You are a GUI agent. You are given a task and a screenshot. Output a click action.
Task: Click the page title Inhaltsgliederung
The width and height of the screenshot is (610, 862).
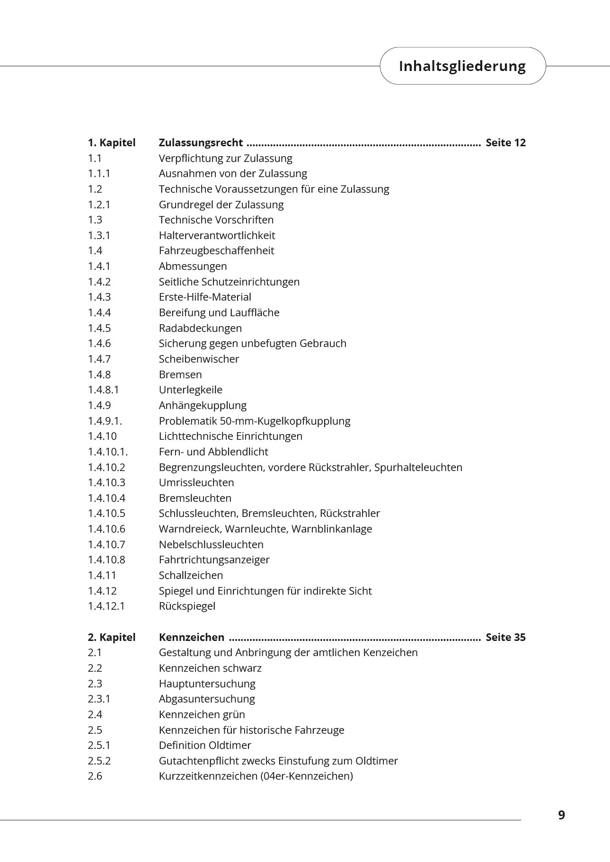(x=462, y=66)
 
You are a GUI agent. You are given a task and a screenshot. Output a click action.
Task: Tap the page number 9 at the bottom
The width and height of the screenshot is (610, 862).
(x=561, y=815)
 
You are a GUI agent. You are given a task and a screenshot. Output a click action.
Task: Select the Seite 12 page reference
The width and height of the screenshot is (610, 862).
(x=505, y=143)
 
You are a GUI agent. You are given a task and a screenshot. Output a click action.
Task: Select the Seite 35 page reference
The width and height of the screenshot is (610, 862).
(x=505, y=637)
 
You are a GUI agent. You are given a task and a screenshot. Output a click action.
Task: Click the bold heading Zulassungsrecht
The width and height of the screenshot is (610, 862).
(x=201, y=143)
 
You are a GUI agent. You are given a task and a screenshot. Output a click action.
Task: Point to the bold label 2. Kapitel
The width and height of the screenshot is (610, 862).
(x=111, y=637)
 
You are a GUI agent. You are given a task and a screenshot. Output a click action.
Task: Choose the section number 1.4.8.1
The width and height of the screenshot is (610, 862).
(x=103, y=390)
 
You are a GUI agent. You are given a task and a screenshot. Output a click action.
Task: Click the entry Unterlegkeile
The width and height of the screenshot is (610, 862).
(x=190, y=390)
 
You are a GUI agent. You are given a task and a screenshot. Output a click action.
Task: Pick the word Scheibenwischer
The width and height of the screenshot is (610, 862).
(x=199, y=359)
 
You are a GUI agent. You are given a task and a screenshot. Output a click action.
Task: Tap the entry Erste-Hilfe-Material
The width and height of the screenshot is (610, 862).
(x=205, y=297)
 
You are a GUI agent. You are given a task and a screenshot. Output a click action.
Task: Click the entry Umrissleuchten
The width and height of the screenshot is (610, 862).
(x=196, y=482)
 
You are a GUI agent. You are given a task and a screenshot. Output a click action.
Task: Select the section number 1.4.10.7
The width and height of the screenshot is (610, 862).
(x=106, y=544)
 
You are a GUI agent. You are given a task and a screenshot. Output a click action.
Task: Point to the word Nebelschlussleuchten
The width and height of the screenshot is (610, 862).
(x=211, y=544)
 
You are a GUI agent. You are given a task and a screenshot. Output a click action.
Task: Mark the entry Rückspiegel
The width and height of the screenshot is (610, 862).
(x=187, y=606)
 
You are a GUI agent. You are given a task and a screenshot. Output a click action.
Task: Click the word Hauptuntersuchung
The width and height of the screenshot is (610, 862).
(x=207, y=684)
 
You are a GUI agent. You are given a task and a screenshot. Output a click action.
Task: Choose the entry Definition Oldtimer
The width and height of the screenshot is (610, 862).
(x=205, y=745)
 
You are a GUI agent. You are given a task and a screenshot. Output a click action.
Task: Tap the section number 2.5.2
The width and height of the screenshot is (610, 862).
(x=99, y=761)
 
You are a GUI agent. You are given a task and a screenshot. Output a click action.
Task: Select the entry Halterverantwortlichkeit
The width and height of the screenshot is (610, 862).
(x=217, y=235)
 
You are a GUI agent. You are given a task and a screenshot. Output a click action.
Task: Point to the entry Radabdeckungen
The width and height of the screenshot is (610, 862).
(x=200, y=328)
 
